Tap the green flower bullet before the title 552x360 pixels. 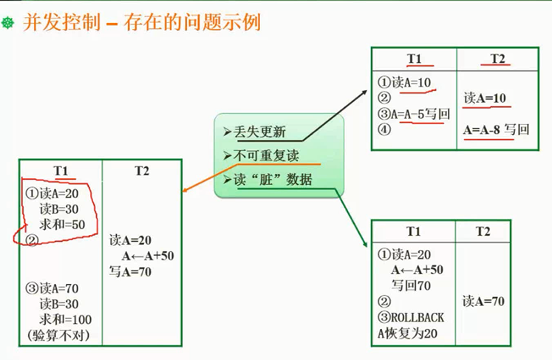point(9,24)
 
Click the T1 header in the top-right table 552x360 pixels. point(414,59)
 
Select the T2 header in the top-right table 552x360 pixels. point(497,59)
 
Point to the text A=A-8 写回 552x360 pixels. point(497,129)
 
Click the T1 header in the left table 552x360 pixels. point(61,171)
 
